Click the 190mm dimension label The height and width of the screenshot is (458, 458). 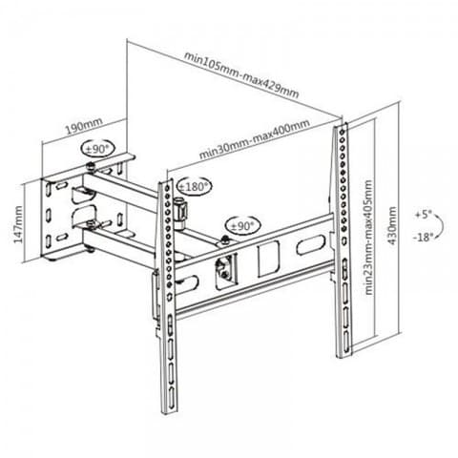(x=84, y=126)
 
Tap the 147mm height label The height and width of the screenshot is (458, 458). (x=18, y=224)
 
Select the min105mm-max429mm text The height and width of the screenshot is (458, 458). (x=241, y=75)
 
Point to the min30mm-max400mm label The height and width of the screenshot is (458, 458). (x=255, y=139)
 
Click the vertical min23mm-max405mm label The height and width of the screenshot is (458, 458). (x=368, y=238)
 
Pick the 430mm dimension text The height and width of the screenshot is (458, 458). (x=392, y=225)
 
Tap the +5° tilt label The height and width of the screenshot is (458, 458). (x=423, y=215)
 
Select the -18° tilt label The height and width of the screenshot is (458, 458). (x=424, y=237)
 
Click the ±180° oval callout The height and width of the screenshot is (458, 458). (x=195, y=186)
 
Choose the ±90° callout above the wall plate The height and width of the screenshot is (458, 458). (x=98, y=149)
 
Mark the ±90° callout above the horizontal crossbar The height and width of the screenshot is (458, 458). (x=243, y=226)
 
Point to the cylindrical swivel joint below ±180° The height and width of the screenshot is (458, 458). (x=181, y=212)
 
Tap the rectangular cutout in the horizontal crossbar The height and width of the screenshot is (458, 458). (x=268, y=259)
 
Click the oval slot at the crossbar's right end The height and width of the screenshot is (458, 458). (x=311, y=244)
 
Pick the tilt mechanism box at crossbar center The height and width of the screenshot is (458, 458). (x=226, y=271)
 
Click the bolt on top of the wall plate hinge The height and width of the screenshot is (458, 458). (x=92, y=167)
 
